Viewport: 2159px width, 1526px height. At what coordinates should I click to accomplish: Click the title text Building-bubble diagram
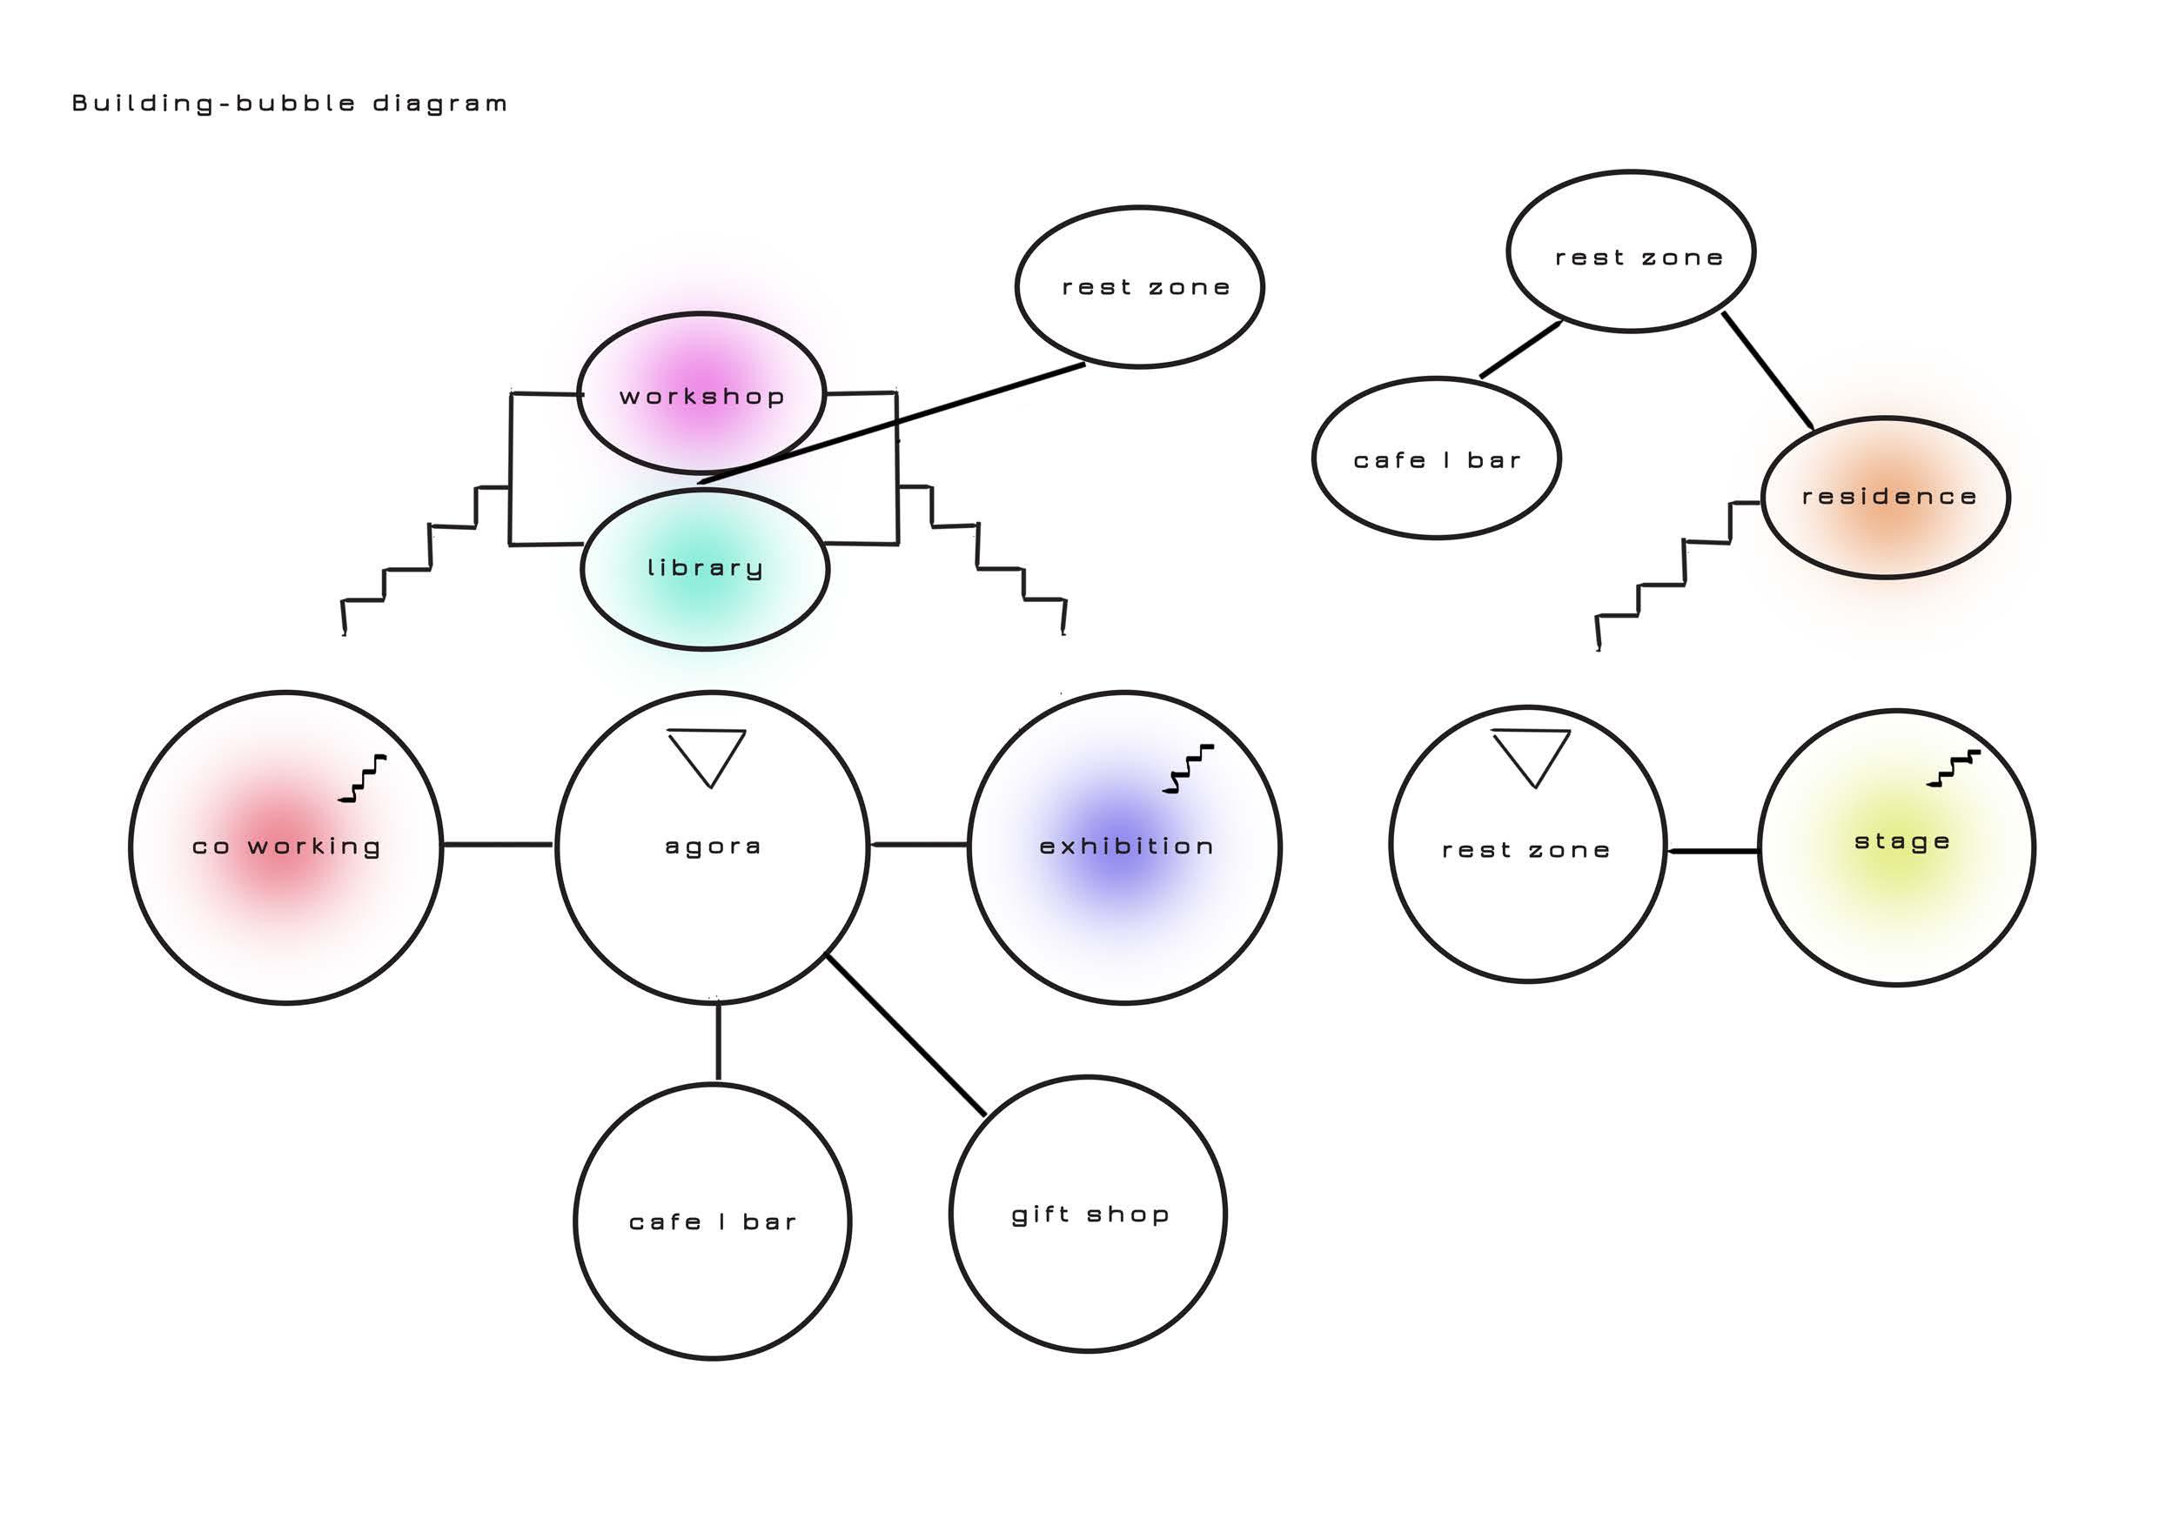click(290, 104)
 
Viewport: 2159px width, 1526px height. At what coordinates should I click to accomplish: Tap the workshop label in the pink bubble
click(701, 397)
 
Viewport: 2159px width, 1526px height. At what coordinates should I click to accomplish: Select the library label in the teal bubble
click(704, 568)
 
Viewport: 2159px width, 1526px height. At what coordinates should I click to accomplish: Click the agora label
click(713, 847)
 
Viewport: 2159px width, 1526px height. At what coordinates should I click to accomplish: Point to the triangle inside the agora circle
click(707, 753)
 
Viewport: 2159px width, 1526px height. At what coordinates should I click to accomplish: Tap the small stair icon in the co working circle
click(363, 779)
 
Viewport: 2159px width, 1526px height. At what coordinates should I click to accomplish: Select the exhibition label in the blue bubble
click(1125, 847)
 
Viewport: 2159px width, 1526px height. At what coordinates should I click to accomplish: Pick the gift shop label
click(1090, 1215)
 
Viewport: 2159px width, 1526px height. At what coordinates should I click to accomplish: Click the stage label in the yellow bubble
click(1901, 841)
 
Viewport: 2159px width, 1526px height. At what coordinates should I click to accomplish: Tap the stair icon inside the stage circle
click(1952, 768)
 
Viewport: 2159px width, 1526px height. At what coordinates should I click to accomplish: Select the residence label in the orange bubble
click(1888, 497)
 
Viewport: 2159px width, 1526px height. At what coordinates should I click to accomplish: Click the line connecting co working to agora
click(498, 844)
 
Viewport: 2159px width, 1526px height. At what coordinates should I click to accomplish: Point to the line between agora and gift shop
click(906, 1034)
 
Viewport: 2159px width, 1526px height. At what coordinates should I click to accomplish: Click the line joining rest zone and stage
click(1713, 851)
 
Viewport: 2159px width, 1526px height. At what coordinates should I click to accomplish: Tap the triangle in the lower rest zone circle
click(1531, 754)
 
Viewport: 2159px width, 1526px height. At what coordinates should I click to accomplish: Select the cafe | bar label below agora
click(712, 1222)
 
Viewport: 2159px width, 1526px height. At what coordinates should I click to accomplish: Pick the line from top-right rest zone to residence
click(1767, 371)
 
